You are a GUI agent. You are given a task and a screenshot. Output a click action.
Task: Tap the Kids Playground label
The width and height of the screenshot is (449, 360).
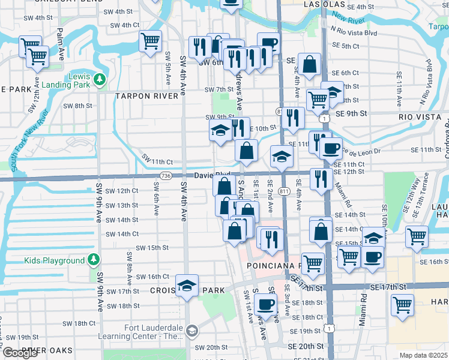tap(54, 261)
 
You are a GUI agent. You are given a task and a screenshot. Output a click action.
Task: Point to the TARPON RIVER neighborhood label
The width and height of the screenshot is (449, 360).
tap(147, 96)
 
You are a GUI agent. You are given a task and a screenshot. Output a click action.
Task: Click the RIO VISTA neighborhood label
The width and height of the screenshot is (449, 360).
tap(418, 114)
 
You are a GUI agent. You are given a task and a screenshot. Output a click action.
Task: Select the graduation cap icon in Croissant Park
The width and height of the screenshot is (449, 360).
tap(187, 285)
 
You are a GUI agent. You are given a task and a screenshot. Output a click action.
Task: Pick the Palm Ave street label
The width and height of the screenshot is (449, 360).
tap(61, 44)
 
